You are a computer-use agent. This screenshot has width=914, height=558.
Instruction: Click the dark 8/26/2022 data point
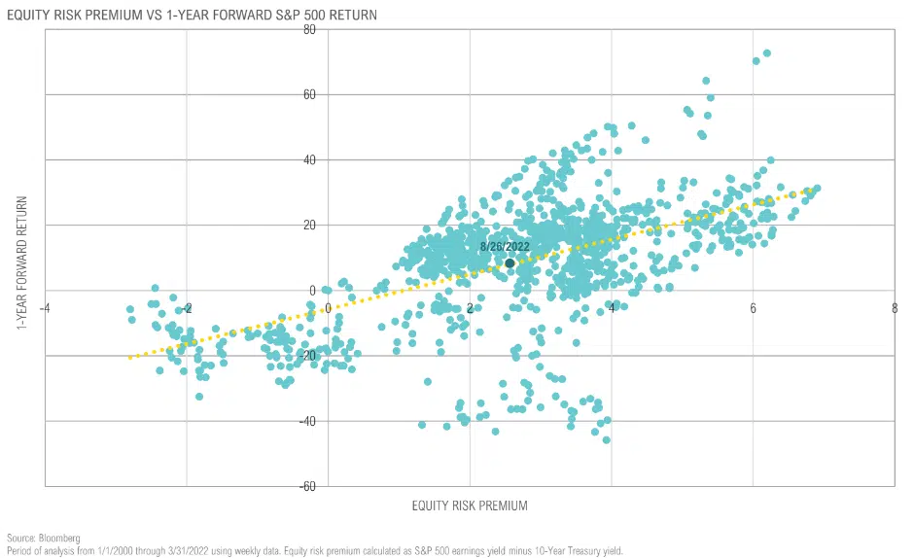[510, 263]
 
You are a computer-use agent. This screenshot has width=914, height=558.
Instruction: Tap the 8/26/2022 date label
[507, 247]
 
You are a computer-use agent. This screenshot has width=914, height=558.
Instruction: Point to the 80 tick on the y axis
[336, 30]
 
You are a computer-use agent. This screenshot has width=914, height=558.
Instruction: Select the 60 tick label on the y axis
[336, 95]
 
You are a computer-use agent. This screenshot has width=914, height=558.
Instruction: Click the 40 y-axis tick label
[336, 160]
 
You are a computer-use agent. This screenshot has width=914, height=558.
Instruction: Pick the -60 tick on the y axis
[334, 486]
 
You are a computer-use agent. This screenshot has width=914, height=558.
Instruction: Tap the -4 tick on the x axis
[45, 306]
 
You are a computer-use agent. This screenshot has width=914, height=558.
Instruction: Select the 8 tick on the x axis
[895, 306]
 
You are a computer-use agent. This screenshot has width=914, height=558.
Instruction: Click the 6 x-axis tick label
[753, 306]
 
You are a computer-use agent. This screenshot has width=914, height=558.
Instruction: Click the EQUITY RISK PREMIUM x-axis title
[470, 506]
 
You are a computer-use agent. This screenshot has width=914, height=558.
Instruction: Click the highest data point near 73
[767, 53]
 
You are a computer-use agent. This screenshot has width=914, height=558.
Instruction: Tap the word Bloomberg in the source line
[57, 538]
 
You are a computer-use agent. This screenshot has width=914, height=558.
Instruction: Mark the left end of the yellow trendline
[129, 358]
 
